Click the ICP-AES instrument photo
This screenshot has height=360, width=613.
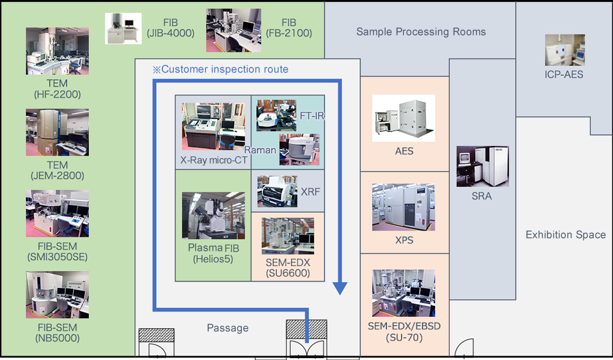click(x=565, y=50)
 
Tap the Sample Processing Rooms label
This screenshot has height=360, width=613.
click(x=421, y=32)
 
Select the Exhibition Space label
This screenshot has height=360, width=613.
click(x=565, y=235)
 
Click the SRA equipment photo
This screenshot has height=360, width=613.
click(x=482, y=166)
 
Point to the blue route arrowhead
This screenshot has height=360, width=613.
click(x=340, y=288)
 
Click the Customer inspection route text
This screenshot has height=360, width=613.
click(x=221, y=69)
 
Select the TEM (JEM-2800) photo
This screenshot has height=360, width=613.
click(x=57, y=133)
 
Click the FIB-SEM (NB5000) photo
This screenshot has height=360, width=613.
click(x=57, y=295)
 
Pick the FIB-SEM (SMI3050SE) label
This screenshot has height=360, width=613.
click(x=57, y=252)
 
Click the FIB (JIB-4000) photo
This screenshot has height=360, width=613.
click(x=124, y=28)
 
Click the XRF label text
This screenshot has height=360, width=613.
click(x=310, y=192)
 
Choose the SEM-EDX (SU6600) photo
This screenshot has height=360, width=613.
click(x=287, y=236)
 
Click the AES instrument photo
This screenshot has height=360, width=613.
click(x=404, y=118)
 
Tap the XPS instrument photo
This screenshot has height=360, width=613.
click(x=404, y=207)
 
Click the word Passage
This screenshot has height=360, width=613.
click(x=227, y=328)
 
